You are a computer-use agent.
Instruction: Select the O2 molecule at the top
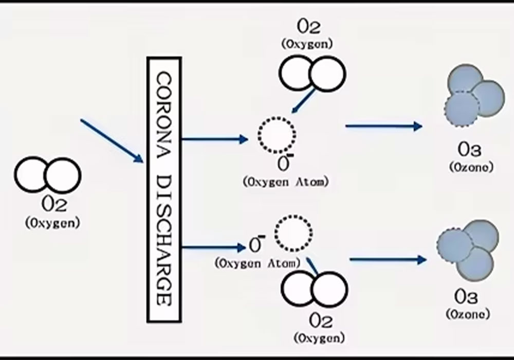(312, 73)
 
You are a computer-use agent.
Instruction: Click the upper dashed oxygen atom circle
(277, 135)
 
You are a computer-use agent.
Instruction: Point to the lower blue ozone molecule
(468, 247)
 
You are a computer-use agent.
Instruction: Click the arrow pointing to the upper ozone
(383, 126)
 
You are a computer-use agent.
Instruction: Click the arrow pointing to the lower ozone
(388, 260)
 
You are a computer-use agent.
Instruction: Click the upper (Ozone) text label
(471, 167)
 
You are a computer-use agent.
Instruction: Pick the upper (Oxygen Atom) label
(284, 181)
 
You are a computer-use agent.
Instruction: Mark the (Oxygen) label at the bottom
(319, 338)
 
